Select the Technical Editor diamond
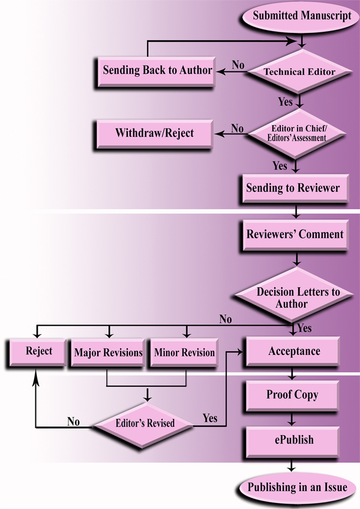tap(292, 71)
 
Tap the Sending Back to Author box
tap(157, 70)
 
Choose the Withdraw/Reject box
tap(154, 132)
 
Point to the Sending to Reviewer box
tap(293, 188)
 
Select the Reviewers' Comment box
tap(295, 234)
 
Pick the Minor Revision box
tap(184, 353)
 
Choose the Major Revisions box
tap(108, 353)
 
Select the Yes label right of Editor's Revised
tap(210, 418)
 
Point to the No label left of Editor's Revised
tap(73, 421)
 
